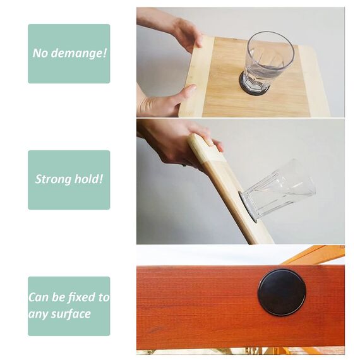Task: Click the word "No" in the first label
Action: (41, 53)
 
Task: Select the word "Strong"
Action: (52, 179)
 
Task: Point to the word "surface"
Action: (71, 314)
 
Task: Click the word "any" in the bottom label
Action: (39, 314)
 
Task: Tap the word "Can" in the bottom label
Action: (39, 297)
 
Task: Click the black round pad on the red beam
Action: (282, 292)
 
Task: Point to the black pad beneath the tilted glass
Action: (248, 206)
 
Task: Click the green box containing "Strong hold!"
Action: (69, 179)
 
